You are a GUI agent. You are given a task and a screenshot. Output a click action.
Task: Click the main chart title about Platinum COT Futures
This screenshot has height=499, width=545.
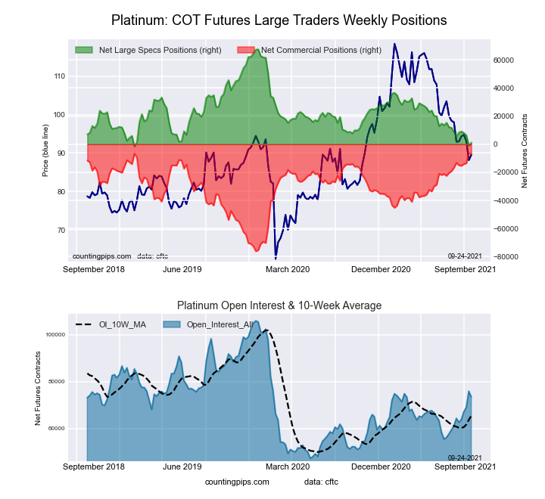tap(279, 20)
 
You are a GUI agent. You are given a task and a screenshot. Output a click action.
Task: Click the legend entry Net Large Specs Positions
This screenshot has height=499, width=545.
tap(158, 50)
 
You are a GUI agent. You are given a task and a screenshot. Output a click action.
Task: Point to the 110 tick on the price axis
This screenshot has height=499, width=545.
tap(58, 76)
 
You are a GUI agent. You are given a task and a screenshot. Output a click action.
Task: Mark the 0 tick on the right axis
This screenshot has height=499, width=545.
tap(497, 144)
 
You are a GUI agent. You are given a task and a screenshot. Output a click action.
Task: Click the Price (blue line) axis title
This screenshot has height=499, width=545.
tap(45, 154)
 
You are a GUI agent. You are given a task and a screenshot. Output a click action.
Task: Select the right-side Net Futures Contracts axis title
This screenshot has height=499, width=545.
tap(525, 151)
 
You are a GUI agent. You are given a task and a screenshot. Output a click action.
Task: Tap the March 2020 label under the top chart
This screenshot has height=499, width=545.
tap(287, 269)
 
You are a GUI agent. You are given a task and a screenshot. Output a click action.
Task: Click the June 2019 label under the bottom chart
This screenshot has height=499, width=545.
tap(182, 466)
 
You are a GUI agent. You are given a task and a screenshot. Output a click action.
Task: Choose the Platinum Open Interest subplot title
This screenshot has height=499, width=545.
tap(279, 305)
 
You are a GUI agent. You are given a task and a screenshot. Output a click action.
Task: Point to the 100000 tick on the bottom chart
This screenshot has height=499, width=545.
tap(56, 334)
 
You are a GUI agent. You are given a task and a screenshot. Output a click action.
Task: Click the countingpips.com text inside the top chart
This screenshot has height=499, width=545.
tap(102, 256)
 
